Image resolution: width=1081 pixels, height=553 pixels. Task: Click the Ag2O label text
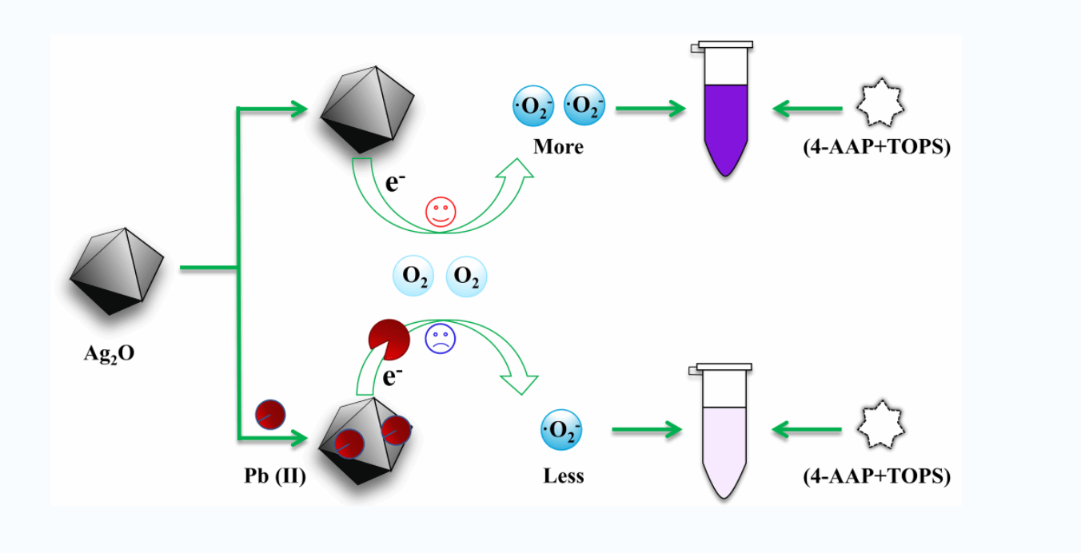click(110, 353)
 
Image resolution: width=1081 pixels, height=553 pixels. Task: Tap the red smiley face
click(440, 212)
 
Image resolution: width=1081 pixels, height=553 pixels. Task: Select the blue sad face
click(440, 338)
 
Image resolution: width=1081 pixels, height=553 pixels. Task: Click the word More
click(558, 147)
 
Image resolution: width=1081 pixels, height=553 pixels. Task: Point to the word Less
click(564, 476)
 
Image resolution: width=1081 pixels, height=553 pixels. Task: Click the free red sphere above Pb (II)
click(270, 415)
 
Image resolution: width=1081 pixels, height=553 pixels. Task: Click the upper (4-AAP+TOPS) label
click(877, 147)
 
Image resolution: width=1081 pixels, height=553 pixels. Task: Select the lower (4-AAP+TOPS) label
click(877, 476)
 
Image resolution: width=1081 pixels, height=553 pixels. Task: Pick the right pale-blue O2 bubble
click(466, 276)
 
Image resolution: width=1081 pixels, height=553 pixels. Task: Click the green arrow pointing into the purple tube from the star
click(808, 108)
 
